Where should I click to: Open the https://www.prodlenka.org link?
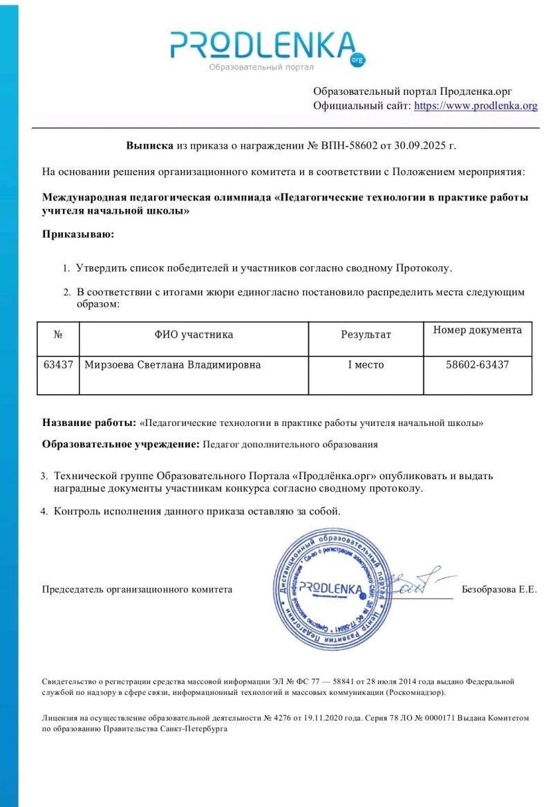(475, 106)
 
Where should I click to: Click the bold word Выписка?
(150, 146)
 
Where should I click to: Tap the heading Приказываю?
(78, 234)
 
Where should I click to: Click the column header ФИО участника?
(194, 335)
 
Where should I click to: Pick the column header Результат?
(366, 335)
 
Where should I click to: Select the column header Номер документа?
(478, 331)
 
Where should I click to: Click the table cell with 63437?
(58, 364)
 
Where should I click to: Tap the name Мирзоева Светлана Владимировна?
(172, 364)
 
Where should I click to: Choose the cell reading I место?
(366, 364)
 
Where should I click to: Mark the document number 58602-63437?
(478, 364)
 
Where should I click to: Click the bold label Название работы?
(89, 423)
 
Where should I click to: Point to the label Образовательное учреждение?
(121, 444)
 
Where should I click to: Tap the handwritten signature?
(418, 583)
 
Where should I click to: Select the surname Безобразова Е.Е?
(499, 590)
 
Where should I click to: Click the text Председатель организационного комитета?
(137, 590)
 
